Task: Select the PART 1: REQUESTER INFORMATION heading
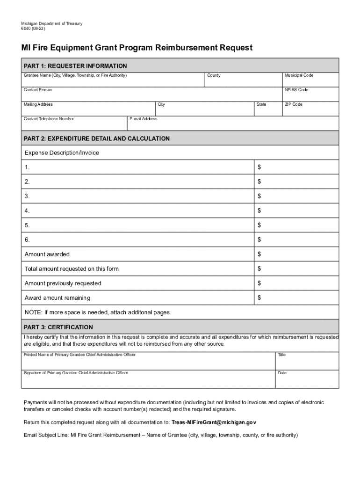click(75, 66)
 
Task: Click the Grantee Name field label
click(75, 75)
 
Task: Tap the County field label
click(214, 75)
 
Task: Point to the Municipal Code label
click(299, 75)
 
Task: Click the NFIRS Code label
click(296, 90)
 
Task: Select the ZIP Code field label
click(293, 104)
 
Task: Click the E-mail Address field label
click(144, 119)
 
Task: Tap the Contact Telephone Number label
click(49, 119)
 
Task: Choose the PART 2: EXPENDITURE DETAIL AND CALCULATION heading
click(97, 138)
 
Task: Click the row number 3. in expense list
click(27, 196)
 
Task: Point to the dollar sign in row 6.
click(259, 239)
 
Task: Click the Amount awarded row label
click(47, 254)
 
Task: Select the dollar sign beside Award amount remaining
click(259, 298)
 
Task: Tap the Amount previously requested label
click(63, 283)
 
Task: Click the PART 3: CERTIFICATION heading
click(58, 327)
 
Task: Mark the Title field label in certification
click(281, 355)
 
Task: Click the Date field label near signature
click(282, 373)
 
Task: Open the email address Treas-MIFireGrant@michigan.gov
click(214, 422)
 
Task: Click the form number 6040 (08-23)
click(33, 29)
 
